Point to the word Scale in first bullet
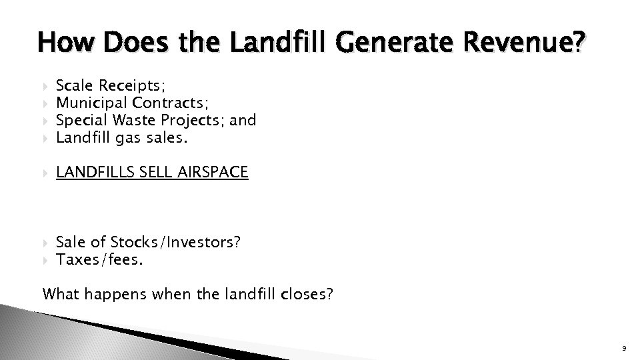(x=75, y=85)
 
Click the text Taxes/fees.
(x=99, y=259)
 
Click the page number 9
(x=621, y=348)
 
